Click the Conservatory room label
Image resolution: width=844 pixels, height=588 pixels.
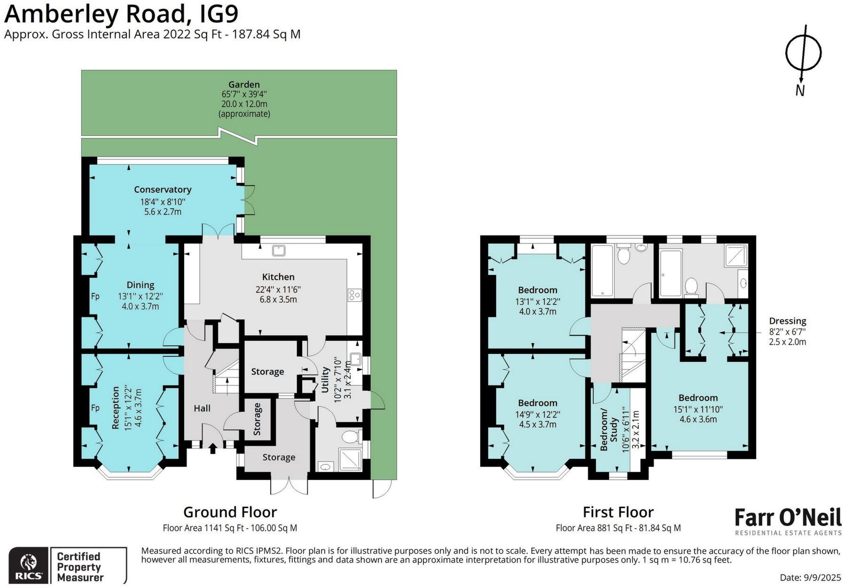click(163, 189)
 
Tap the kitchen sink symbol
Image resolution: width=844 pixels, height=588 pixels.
click(278, 250)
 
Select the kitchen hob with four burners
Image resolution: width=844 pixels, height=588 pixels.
click(354, 295)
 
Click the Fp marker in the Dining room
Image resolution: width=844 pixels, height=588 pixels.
click(95, 296)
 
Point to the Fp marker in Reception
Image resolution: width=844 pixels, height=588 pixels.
click(95, 408)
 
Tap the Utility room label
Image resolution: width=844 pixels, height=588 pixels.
click(325, 382)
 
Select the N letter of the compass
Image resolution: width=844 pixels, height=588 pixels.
click(800, 90)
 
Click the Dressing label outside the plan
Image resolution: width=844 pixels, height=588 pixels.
click(788, 321)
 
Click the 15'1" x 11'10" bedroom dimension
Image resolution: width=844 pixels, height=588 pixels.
click(698, 409)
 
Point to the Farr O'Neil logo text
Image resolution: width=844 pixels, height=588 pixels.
click(788, 517)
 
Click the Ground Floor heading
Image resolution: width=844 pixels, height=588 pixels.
click(230, 512)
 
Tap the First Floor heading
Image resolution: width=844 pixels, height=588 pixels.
click(618, 512)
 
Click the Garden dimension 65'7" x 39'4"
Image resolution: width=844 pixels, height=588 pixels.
click(244, 94)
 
